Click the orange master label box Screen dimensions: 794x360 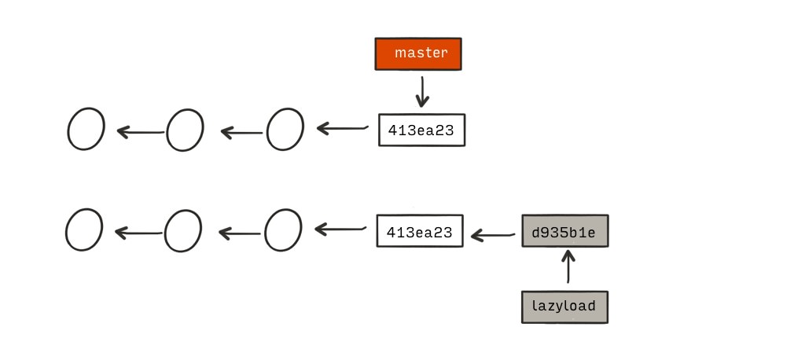(418, 53)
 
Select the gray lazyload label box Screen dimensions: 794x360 (564, 307)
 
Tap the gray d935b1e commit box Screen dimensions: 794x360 (565, 231)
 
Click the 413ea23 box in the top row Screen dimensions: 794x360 (422, 130)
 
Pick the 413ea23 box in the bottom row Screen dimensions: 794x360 (420, 231)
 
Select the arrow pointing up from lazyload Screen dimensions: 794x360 (568, 266)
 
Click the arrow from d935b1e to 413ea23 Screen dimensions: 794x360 (493, 235)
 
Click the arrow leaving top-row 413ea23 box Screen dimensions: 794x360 (342, 128)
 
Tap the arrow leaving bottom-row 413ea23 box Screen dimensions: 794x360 (340, 230)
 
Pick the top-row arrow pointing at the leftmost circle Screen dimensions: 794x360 (140, 132)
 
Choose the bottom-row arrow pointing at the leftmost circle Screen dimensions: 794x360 (138, 233)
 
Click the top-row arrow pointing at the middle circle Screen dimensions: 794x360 (241, 133)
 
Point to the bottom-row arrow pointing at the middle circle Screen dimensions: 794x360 (240, 233)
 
